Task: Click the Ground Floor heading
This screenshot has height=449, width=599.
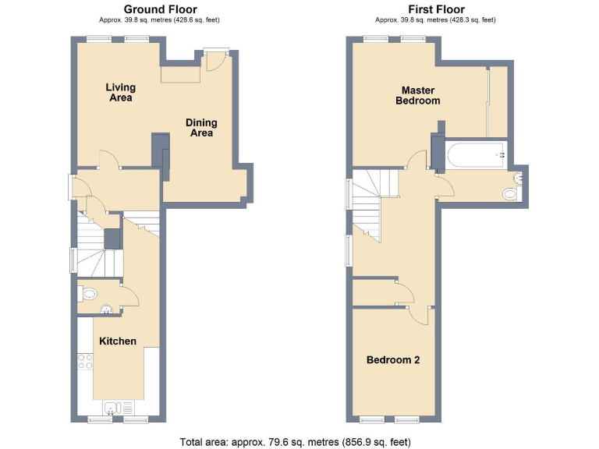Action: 157,9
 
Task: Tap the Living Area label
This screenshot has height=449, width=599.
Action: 120,93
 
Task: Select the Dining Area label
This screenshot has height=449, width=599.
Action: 201,128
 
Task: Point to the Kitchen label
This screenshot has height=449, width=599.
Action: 117,341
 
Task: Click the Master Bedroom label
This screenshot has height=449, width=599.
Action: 417,95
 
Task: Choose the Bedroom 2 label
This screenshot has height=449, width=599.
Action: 393,360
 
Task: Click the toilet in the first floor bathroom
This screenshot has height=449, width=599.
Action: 512,194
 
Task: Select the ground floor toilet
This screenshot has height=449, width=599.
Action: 88,295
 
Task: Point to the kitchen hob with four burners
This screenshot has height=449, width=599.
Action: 85,362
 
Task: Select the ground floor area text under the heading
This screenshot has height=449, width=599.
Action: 157,20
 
